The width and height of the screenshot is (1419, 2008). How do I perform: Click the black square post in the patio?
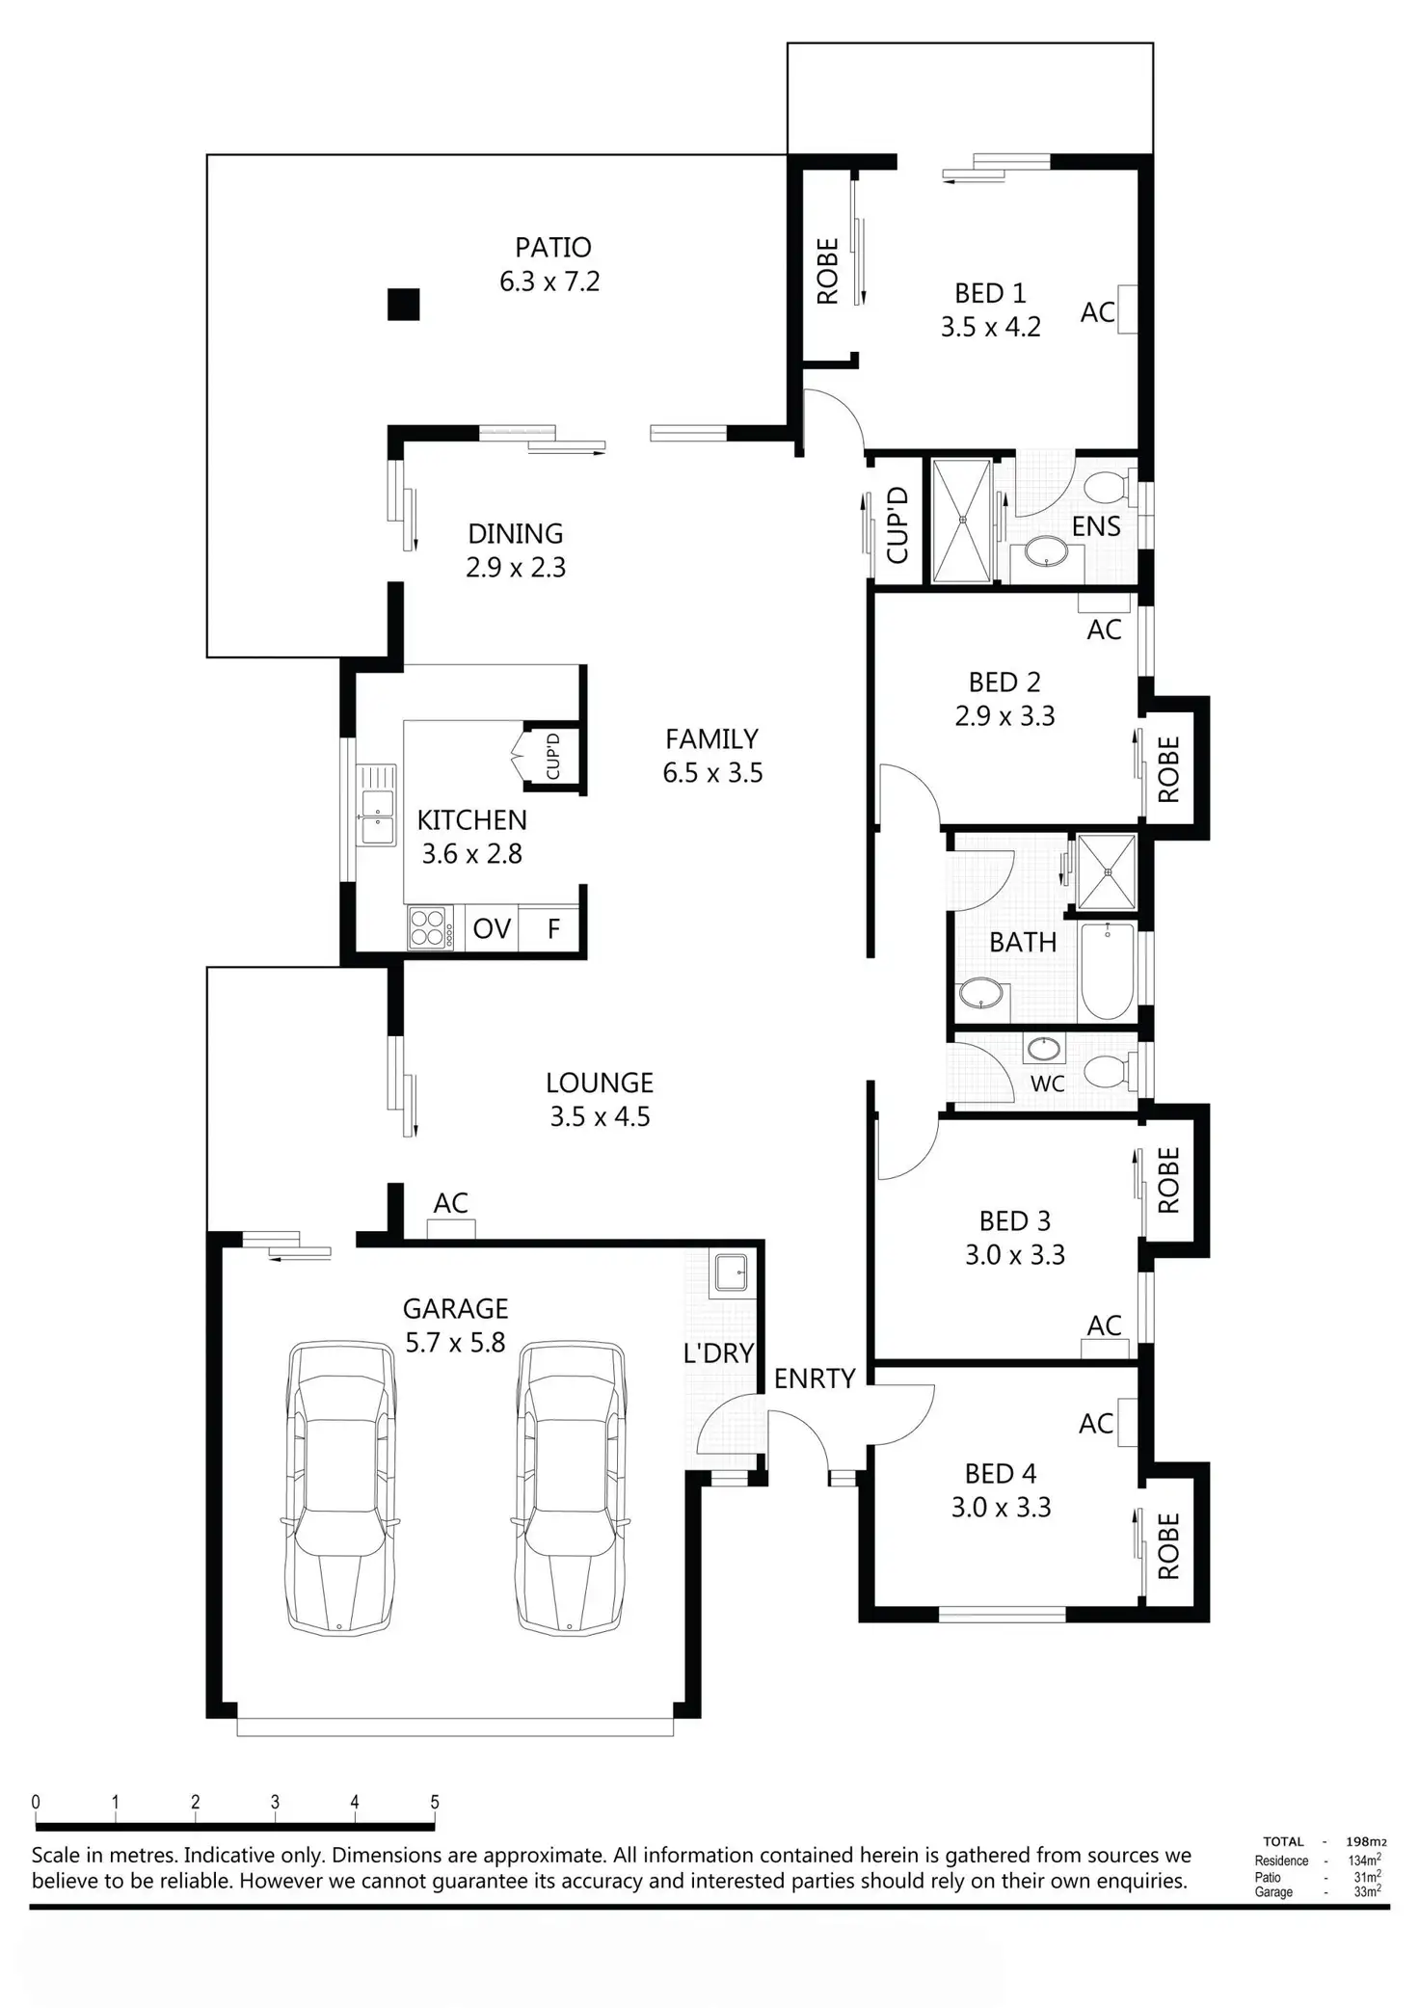(x=403, y=305)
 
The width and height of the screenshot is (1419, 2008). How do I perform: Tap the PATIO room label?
(x=552, y=248)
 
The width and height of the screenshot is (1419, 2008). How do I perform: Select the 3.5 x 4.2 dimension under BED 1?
(x=991, y=327)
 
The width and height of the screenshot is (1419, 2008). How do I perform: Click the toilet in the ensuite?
(x=1110, y=487)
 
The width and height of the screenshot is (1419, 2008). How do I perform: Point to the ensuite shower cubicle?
(x=961, y=521)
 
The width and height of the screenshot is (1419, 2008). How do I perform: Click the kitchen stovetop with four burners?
(x=430, y=928)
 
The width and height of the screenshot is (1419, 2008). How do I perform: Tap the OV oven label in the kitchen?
(x=492, y=928)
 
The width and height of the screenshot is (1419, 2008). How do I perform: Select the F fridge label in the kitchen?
(x=553, y=928)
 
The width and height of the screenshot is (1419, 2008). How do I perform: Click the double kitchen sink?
(x=376, y=805)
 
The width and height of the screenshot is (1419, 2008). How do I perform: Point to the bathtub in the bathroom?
(x=1108, y=971)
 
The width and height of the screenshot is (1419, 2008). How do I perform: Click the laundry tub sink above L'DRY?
(x=728, y=1272)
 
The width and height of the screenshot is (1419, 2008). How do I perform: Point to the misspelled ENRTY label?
(x=815, y=1379)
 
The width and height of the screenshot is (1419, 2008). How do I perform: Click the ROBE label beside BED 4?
(x=1168, y=1546)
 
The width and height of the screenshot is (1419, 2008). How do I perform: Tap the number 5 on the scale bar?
(x=435, y=1802)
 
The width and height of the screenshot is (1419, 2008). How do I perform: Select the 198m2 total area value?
(x=1366, y=1841)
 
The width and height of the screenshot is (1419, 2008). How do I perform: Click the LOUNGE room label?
(x=600, y=1083)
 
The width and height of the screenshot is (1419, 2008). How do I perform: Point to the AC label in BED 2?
(x=1104, y=629)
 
